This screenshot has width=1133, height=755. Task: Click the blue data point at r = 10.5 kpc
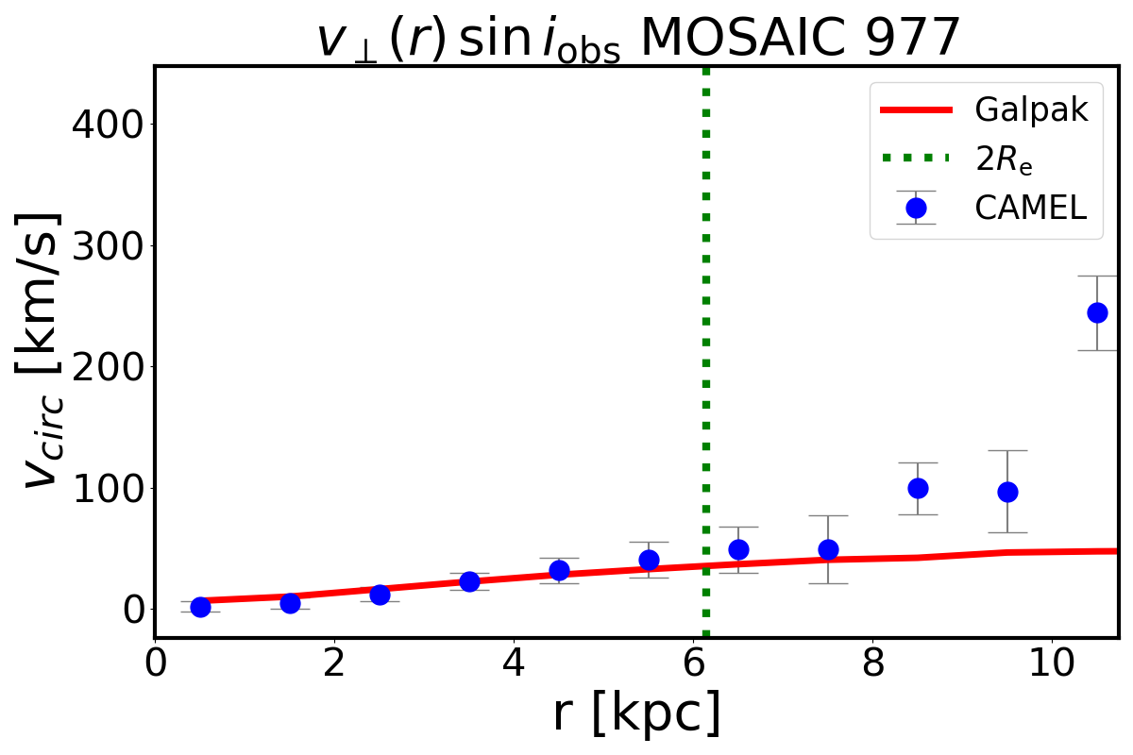[1097, 312]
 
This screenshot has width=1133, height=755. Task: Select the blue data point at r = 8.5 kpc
[918, 488]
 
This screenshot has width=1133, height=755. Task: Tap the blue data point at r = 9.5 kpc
[1007, 492]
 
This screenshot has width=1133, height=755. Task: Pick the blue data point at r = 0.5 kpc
[200, 607]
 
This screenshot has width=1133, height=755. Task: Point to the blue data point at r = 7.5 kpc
[828, 549]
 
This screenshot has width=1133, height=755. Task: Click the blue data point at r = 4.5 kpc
[559, 570]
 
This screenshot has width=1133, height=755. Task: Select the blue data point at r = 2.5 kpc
[380, 595]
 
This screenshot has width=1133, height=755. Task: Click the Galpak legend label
[1031, 110]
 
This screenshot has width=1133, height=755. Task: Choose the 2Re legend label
[1004, 159]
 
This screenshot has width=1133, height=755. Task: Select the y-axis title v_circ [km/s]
[42, 350]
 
